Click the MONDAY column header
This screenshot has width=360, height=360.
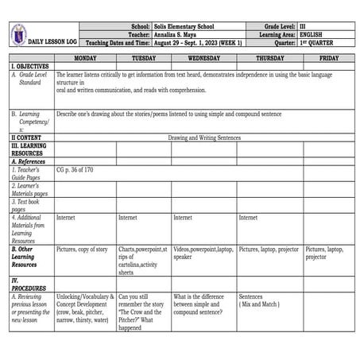(x=85, y=58)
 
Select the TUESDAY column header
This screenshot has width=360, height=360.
(x=143, y=58)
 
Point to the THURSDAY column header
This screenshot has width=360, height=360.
(x=269, y=58)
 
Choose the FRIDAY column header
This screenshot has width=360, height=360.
(x=328, y=58)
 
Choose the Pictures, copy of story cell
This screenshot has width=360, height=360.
(x=82, y=250)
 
